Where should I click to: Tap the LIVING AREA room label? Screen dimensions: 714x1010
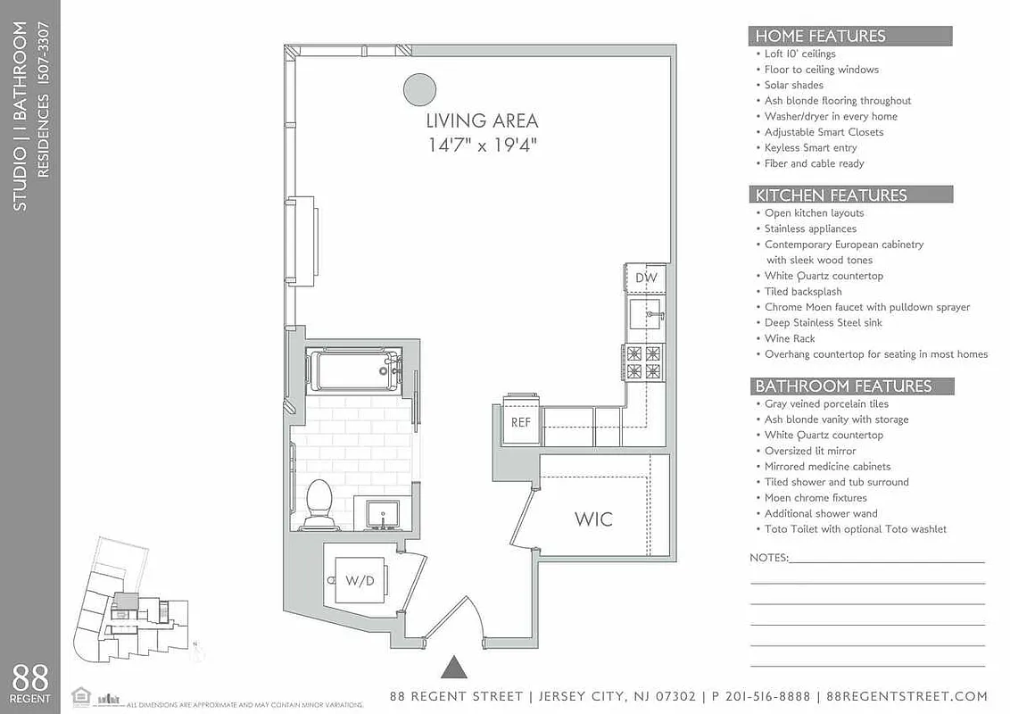click(x=482, y=121)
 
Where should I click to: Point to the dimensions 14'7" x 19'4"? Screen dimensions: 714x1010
click(x=482, y=144)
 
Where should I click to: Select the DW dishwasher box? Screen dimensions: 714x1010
click(x=646, y=278)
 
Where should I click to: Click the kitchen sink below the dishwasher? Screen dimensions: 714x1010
click(x=645, y=315)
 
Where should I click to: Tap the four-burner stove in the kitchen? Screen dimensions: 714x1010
click(x=643, y=362)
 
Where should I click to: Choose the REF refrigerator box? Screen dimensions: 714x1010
click(x=520, y=422)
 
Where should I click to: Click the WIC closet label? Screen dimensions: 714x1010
click(x=593, y=519)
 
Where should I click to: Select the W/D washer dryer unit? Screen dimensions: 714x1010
click(x=360, y=580)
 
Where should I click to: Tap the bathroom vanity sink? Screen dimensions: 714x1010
click(x=387, y=515)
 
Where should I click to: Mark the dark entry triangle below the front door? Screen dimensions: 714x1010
click(x=454, y=667)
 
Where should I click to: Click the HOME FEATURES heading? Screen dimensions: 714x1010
click(x=820, y=37)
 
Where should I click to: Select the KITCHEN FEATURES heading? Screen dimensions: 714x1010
click(x=831, y=195)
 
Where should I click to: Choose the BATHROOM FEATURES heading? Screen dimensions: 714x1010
click(x=843, y=386)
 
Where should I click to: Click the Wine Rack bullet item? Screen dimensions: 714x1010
click(x=790, y=339)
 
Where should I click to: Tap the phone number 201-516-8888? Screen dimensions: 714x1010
click(x=764, y=696)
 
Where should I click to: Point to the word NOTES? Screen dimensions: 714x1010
click(x=768, y=558)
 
